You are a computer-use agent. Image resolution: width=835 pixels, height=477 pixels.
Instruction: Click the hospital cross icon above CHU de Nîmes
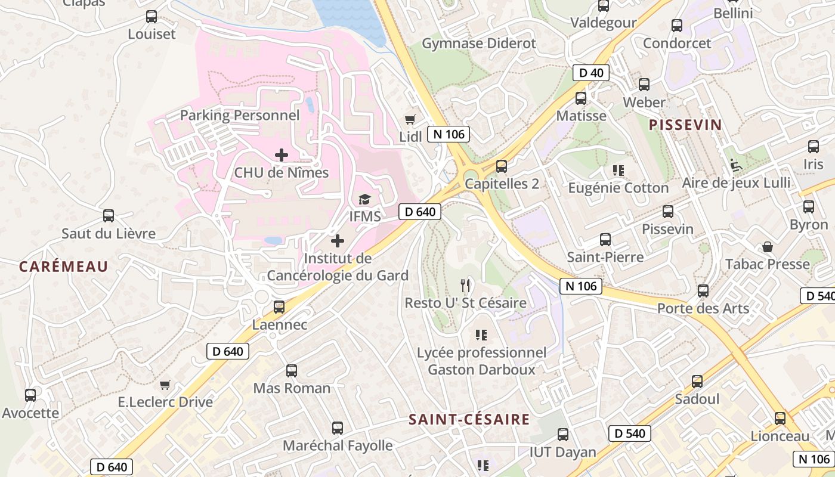pos(282,155)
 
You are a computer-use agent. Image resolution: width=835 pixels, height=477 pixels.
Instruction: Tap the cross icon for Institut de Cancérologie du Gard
pos(338,241)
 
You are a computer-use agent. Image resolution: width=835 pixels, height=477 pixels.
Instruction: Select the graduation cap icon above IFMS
pos(364,199)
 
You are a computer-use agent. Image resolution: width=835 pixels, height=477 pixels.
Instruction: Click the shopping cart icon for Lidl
pos(410,119)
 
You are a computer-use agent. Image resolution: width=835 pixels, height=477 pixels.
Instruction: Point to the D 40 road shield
pos(591,73)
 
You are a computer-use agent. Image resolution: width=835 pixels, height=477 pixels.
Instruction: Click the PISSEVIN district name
pos(685,125)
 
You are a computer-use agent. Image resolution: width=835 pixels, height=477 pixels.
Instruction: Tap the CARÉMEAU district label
pos(63,267)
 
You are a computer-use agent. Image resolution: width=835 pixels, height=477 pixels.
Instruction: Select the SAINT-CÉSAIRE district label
pos(469,420)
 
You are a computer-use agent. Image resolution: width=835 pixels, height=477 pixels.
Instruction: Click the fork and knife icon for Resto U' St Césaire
pos(466,286)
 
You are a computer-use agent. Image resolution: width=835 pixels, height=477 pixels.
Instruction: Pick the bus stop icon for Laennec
pos(279,307)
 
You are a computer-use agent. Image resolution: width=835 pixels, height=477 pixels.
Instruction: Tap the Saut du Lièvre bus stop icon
pos(109,216)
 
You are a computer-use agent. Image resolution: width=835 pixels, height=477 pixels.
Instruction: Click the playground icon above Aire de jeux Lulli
pos(737,165)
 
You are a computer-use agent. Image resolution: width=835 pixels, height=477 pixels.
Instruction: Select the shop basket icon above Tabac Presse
pos(768,246)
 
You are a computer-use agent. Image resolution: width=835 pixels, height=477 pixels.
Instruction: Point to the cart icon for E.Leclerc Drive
pos(165,385)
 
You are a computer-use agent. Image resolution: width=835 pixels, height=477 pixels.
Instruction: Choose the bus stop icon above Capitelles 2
pos(502,166)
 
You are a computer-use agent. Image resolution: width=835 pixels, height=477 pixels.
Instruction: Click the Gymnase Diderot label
pos(479,44)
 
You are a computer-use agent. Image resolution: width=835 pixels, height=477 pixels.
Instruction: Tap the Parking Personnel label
pos(240,115)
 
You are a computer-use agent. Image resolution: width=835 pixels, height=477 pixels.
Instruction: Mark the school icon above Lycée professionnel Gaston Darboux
pos(481,335)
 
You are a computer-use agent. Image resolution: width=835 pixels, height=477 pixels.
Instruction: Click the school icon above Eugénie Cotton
pos(618,171)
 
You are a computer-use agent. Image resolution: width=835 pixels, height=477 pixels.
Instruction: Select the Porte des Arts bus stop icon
pos(703,291)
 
